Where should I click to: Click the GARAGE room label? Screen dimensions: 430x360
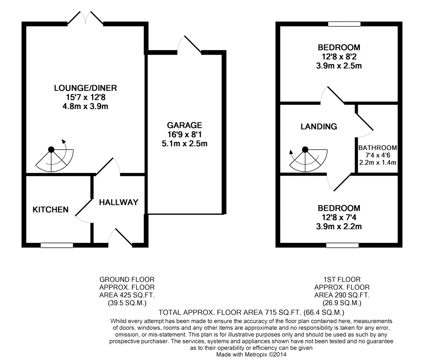(x=184, y=125)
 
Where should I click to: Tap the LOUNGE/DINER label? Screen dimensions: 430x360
(x=86, y=88)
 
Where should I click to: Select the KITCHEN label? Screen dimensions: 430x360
(x=51, y=210)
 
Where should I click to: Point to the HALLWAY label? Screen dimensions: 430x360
(x=118, y=202)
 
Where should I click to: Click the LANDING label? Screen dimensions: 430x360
(x=319, y=127)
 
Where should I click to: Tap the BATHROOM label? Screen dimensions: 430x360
(x=377, y=148)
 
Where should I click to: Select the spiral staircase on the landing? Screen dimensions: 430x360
(x=306, y=159)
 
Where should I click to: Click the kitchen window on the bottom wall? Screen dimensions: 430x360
(x=57, y=245)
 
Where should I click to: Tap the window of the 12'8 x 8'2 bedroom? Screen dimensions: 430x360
(x=344, y=23)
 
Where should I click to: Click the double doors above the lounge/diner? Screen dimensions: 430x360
(x=86, y=18)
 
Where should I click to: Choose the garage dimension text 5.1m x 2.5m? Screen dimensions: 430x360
(x=184, y=143)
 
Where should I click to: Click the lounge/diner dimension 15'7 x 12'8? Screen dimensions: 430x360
(x=86, y=97)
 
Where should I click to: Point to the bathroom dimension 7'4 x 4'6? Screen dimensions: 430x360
(x=377, y=155)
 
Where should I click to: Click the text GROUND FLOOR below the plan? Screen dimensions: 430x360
(x=127, y=279)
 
